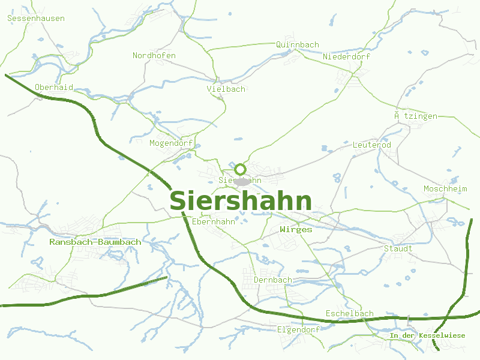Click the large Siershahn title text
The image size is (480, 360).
pyautogui.click(x=241, y=201)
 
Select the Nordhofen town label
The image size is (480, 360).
pyautogui.click(x=154, y=56)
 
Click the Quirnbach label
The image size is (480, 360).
pyautogui.click(x=298, y=45)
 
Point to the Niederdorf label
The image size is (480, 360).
pyautogui.click(x=347, y=57)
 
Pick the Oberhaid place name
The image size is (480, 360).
pyautogui.click(x=54, y=88)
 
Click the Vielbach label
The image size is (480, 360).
pyautogui.click(x=226, y=89)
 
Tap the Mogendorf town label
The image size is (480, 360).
pyautogui.click(x=171, y=143)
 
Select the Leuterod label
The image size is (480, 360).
pyautogui.click(x=372, y=145)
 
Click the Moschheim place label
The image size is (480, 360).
pyautogui.click(x=445, y=189)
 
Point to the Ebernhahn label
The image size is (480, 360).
pyautogui.click(x=214, y=222)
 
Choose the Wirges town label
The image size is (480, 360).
pyautogui.click(x=296, y=230)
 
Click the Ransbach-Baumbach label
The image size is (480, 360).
pyautogui.click(x=95, y=242)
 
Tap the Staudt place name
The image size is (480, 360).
pyautogui.click(x=398, y=248)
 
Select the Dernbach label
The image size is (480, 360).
pyautogui.click(x=273, y=280)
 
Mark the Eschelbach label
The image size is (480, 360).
pyautogui.click(x=349, y=314)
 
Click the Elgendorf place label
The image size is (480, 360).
pyautogui.click(x=298, y=330)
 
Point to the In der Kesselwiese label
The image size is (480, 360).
pyautogui.click(x=427, y=335)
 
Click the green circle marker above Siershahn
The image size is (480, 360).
pyautogui.click(x=241, y=169)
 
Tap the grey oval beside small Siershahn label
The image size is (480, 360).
pyautogui.click(x=242, y=181)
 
